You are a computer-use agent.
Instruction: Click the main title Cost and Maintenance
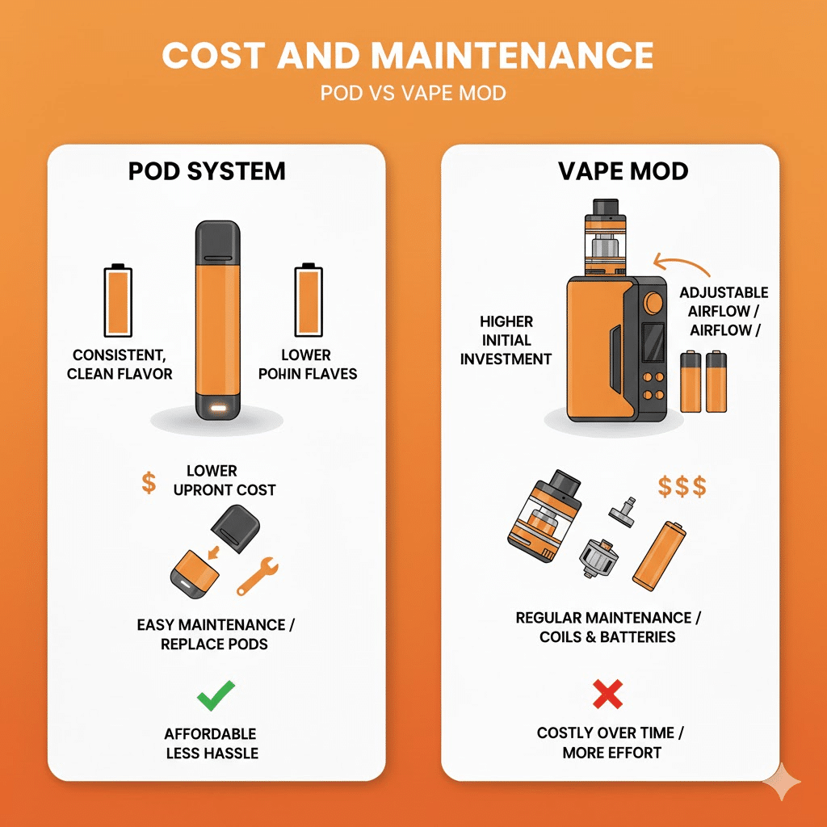tap(407, 56)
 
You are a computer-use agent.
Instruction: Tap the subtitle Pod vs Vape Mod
tap(413, 93)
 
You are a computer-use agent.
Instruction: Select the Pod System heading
tap(207, 171)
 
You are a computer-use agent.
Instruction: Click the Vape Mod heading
tap(623, 171)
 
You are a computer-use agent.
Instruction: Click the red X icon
tap(607, 694)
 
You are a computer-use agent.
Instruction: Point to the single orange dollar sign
tap(149, 484)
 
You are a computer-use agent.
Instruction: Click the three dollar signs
tap(682, 486)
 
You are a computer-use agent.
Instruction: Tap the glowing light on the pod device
tap(216, 409)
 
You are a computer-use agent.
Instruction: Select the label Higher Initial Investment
tap(506, 340)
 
